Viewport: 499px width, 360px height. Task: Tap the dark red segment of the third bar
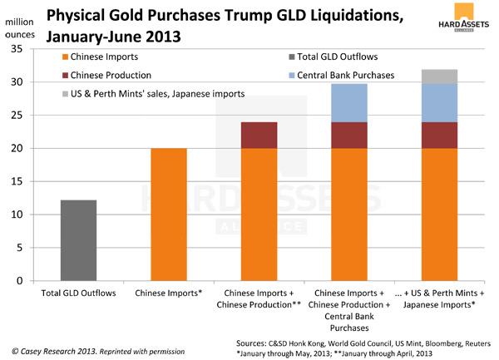pos(259,136)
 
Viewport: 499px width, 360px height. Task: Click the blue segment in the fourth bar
pos(349,103)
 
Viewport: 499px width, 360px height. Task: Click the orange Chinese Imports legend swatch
pos(66,57)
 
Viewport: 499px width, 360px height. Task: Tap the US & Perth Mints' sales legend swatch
pos(66,94)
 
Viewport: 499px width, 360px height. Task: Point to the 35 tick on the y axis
pos(22,50)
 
